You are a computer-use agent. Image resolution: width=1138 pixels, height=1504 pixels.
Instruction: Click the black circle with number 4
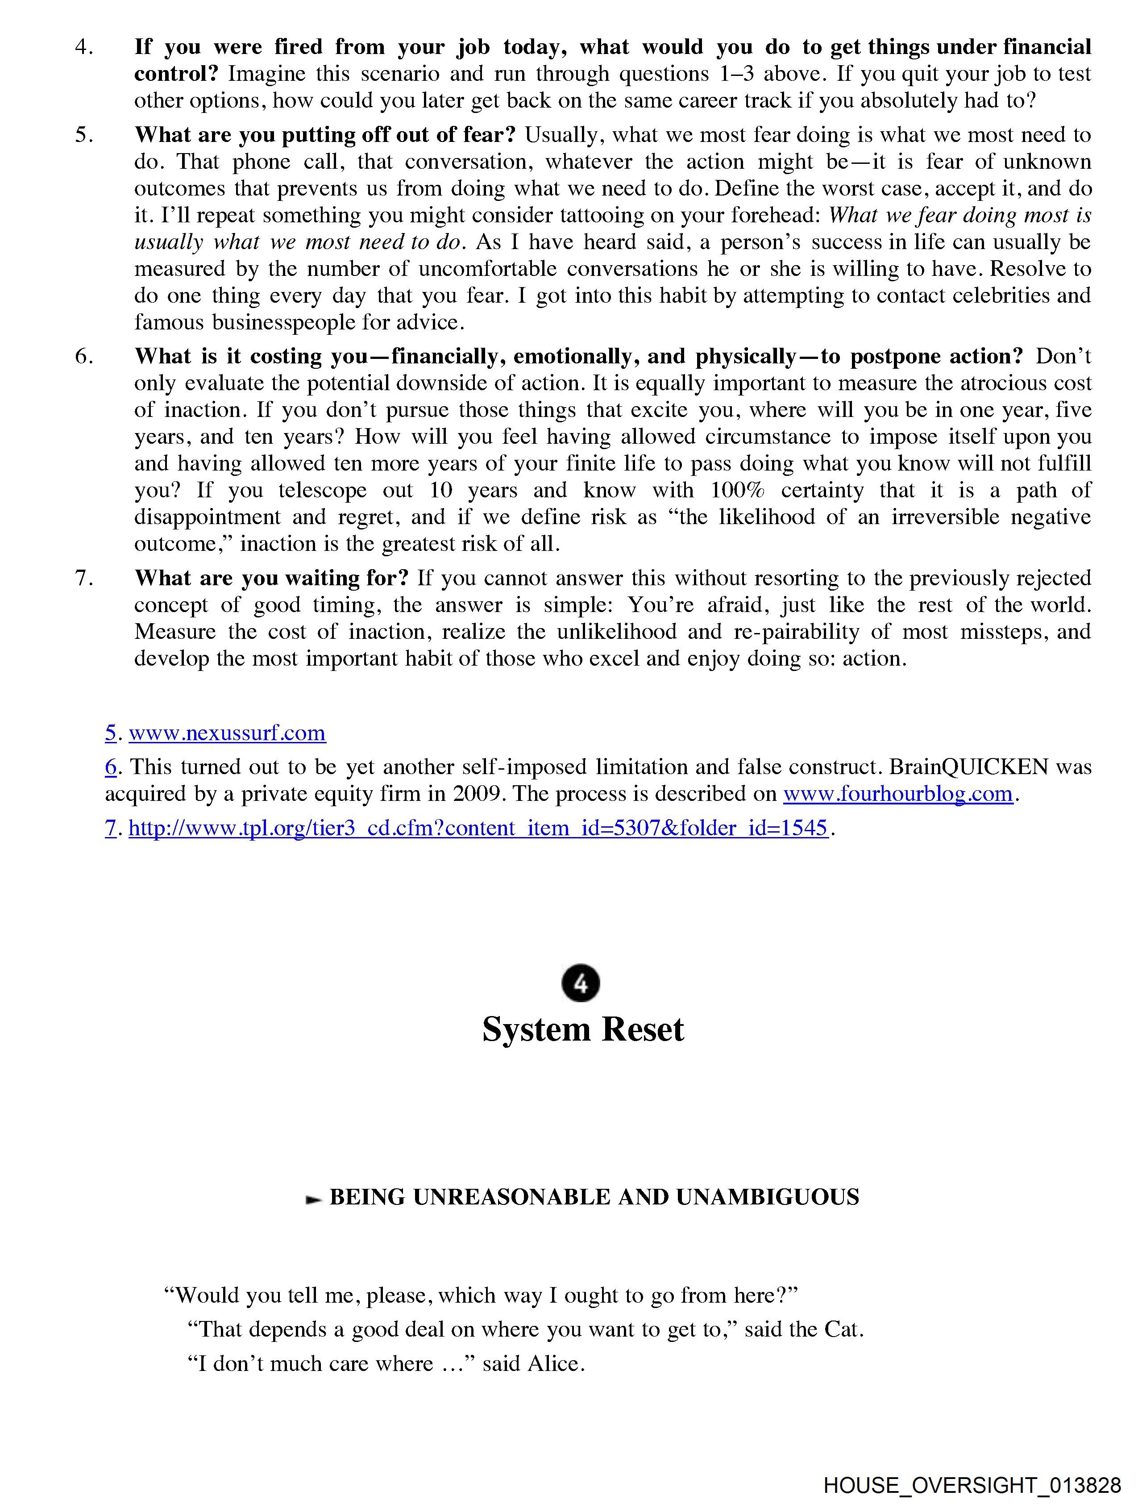[x=581, y=983]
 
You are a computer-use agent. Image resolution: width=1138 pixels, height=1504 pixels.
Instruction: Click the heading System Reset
[x=582, y=1029]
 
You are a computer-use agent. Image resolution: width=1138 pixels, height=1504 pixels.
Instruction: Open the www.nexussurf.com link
[x=227, y=733]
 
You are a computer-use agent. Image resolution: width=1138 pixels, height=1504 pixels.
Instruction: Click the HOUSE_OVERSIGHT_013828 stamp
[x=972, y=1485]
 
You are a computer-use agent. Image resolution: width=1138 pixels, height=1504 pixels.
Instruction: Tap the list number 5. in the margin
[x=84, y=135]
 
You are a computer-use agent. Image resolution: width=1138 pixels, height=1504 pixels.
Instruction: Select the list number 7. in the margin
[x=84, y=578]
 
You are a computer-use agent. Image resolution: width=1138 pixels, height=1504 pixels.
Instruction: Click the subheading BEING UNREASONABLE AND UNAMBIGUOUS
[x=594, y=1197]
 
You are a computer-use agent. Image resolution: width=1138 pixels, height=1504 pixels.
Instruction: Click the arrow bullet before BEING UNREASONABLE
[x=313, y=1198]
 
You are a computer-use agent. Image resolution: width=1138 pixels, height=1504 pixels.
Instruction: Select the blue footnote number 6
[x=111, y=767]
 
